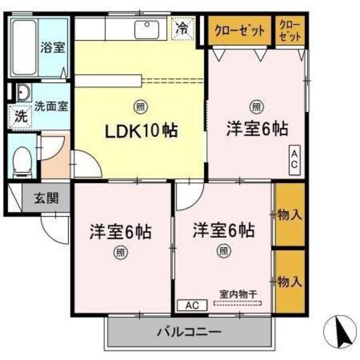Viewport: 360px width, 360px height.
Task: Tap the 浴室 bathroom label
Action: (x=53, y=47)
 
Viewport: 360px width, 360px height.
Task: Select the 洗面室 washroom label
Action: (x=52, y=105)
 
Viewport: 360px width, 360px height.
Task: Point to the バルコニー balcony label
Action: (x=189, y=333)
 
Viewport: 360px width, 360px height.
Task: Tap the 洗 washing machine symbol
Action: (x=21, y=118)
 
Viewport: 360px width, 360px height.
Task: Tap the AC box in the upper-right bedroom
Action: (x=293, y=159)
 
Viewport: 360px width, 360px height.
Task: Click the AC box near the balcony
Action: (x=192, y=305)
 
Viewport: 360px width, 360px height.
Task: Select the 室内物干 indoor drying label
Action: (x=238, y=294)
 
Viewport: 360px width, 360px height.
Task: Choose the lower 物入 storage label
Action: (x=289, y=281)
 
